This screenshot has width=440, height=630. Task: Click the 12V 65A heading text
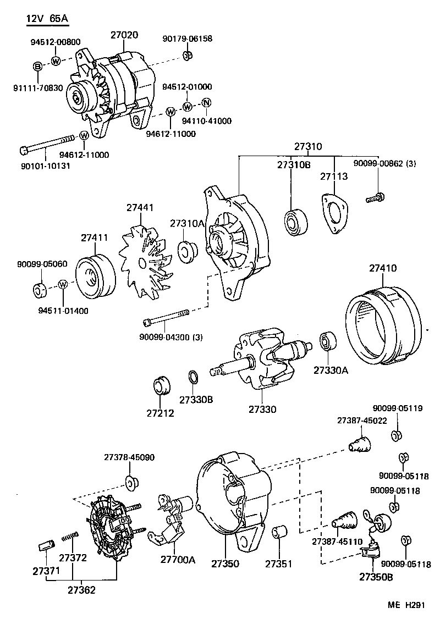pyautogui.click(x=47, y=19)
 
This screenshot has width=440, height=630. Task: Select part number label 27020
pyautogui.click(x=124, y=35)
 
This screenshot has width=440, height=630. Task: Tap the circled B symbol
pyautogui.click(x=38, y=67)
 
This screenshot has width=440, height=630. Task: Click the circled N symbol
pyautogui.click(x=206, y=103)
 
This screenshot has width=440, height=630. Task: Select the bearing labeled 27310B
pyautogui.click(x=294, y=222)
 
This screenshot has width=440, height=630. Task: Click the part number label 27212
pyautogui.click(x=160, y=413)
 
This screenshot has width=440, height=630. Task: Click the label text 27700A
pyautogui.click(x=178, y=560)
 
